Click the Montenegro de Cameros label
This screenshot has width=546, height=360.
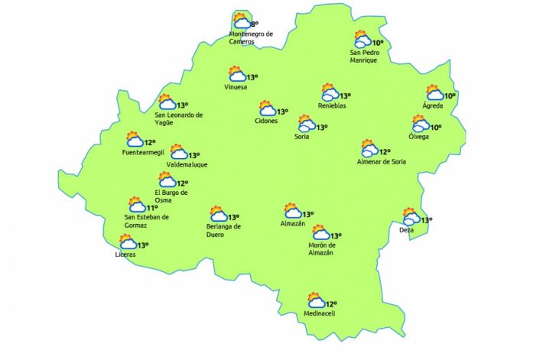point(251,37)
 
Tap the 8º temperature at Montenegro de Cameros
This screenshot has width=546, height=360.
point(255,24)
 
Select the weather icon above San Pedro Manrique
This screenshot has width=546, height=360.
point(362,39)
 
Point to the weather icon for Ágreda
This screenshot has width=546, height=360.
point(434,93)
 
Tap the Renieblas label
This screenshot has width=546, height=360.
point(332,105)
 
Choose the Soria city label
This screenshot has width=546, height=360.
point(302,137)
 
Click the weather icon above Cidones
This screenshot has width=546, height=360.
point(266,109)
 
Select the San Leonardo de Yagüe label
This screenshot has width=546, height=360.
point(179,118)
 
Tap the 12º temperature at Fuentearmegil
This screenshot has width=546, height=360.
point(150,142)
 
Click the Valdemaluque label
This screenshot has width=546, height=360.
point(187,164)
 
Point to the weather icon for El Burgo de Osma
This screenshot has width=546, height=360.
point(166,180)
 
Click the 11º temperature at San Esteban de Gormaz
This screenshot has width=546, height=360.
point(152,207)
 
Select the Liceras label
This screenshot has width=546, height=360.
point(125,254)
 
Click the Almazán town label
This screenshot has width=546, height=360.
point(293,223)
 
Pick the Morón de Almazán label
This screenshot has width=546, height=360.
point(320,249)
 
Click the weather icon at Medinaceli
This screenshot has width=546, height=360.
point(314,300)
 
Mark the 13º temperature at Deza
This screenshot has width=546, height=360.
point(427,220)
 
